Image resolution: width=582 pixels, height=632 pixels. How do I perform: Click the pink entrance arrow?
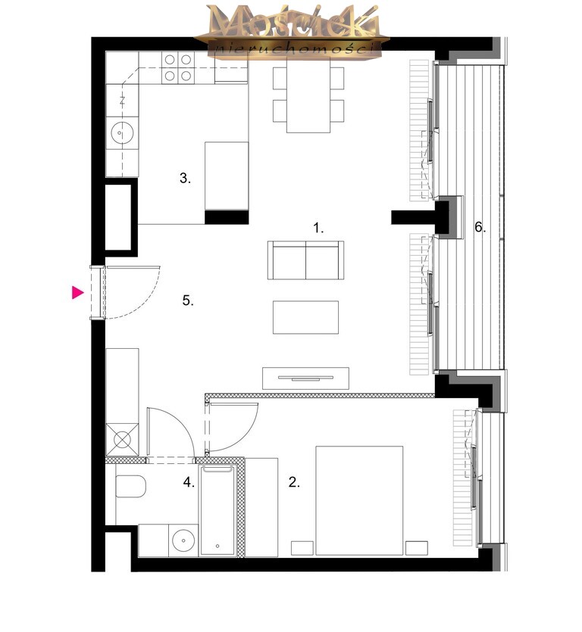(x=77, y=293)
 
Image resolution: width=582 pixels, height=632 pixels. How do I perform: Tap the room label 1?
(x=318, y=228)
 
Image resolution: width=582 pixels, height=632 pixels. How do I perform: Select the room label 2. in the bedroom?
(x=294, y=482)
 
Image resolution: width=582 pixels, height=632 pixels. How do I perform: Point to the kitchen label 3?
(x=185, y=178)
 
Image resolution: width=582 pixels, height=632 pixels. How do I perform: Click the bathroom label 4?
(x=189, y=482)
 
